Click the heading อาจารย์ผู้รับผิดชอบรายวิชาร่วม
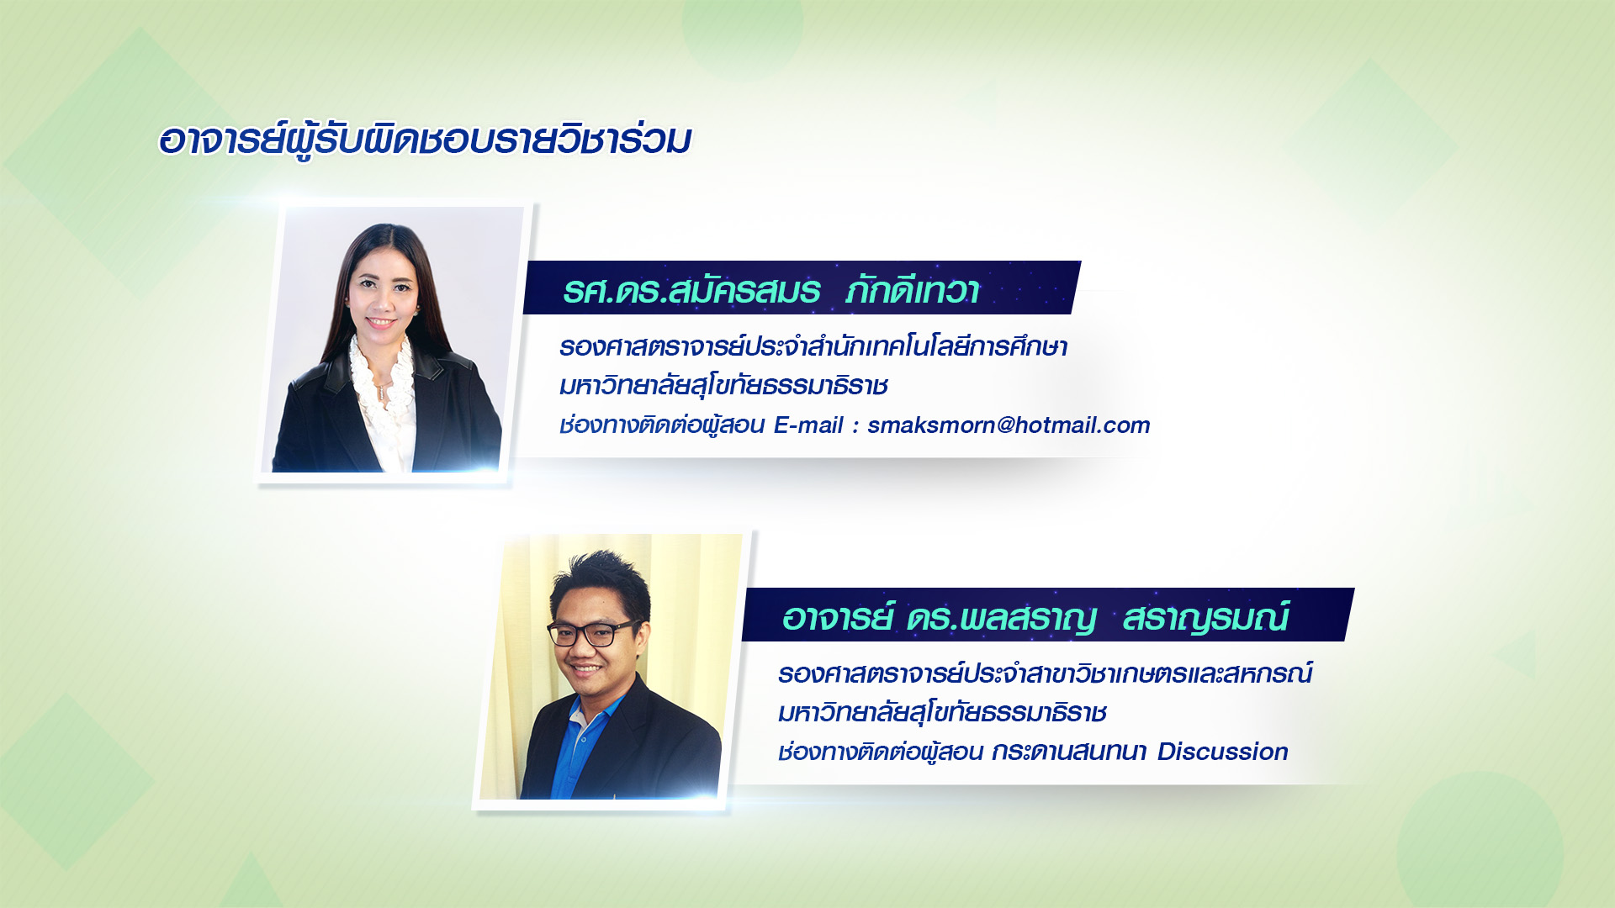(x=425, y=140)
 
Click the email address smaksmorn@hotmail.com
(x=1009, y=425)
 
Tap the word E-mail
(x=808, y=425)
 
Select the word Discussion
(x=1222, y=752)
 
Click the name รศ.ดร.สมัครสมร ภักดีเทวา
(x=771, y=290)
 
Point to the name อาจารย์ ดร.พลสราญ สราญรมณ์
(x=1035, y=617)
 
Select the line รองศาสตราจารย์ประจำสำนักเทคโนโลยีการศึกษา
(x=813, y=346)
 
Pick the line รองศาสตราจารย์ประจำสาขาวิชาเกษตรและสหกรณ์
(x=1045, y=673)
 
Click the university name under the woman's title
(x=723, y=386)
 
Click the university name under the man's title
(x=942, y=713)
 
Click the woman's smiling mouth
(x=380, y=322)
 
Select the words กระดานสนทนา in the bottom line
(x=1068, y=752)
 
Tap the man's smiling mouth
(x=586, y=670)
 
